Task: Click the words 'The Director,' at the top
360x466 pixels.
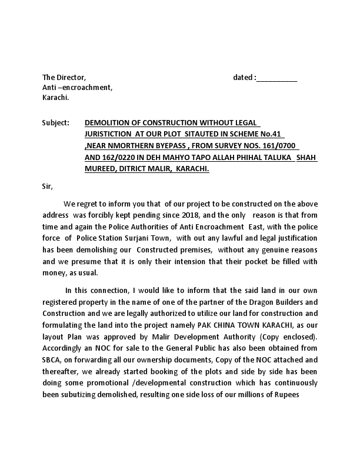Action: click(x=64, y=78)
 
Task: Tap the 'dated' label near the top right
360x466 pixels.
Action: click(x=244, y=78)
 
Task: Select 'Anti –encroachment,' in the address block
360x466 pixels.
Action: click(x=77, y=87)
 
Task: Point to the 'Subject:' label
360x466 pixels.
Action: click(x=55, y=123)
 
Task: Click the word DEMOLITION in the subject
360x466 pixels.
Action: click(x=108, y=123)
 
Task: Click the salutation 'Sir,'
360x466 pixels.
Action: click(x=48, y=187)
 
